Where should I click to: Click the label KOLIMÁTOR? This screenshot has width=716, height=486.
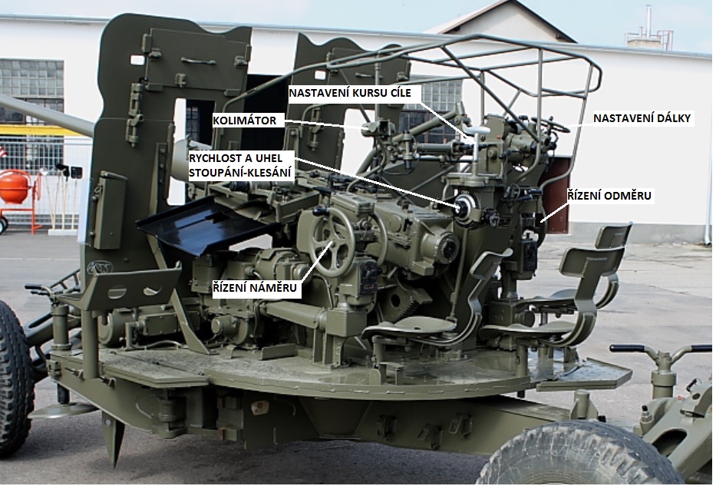(x=245, y=121)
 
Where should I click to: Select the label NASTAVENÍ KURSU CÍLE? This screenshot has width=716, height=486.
(x=350, y=93)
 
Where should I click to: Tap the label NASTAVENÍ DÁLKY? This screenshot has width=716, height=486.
(x=642, y=118)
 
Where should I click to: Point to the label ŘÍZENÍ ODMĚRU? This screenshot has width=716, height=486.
(x=609, y=196)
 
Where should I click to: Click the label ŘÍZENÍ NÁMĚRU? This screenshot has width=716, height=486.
(x=254, y=288)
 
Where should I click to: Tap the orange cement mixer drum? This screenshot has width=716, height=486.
(x=15, y=187)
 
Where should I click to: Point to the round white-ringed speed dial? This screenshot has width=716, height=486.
(x=464, y=209)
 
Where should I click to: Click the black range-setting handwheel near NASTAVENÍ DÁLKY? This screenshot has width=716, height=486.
(x=550, y=124)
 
